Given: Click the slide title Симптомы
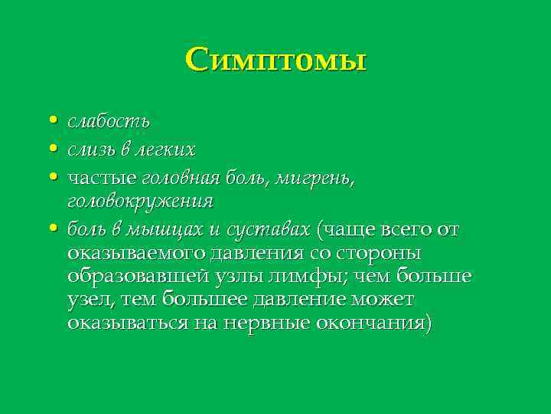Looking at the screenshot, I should (275, 59).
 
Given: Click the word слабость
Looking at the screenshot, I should (108, 121).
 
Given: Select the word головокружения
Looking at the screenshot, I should (139, 202).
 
